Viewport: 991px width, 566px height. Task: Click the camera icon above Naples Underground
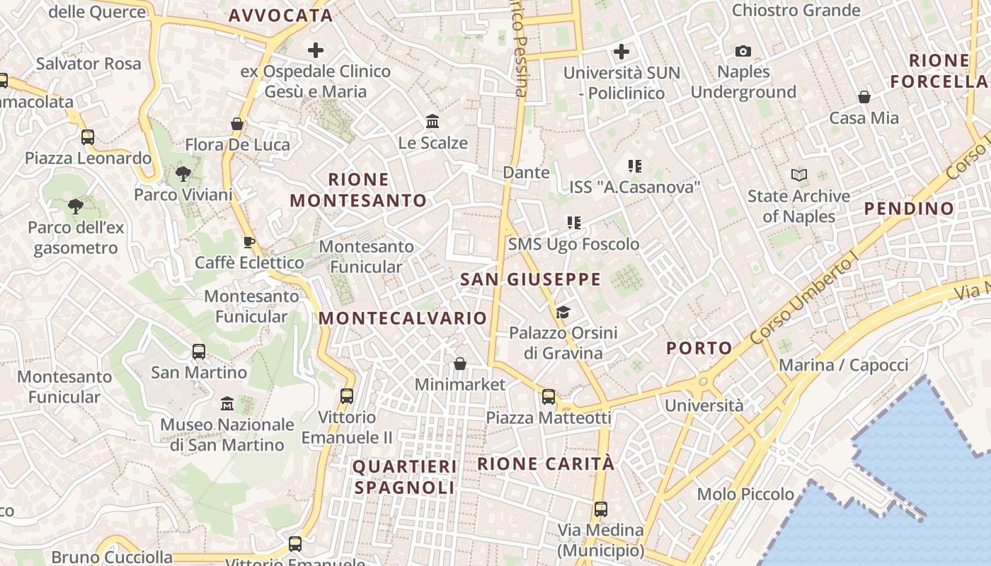click(x=743, y=51)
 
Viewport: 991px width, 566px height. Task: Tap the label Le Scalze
click(x=433, y=143)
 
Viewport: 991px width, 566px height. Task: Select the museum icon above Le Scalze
click(x=433, y=122)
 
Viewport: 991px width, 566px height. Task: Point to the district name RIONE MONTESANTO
click(x=358, y=190)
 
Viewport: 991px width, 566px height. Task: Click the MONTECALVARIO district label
click(x=403, y=318)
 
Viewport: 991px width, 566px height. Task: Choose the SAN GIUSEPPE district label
click(x=530, y=279)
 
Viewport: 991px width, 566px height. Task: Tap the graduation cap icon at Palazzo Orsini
click(x=563, y=312)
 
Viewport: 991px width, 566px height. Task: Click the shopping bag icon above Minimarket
click(x=460, y=364)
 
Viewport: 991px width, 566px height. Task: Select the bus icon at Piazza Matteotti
click(x=549, y=397)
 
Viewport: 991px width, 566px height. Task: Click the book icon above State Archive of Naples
click(x=798, y=175)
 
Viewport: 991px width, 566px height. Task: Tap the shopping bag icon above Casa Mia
click(x=864, y=97)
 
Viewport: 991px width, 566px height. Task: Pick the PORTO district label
click(x=699, y=348)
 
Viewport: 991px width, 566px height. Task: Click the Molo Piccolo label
click(x=745, y=494)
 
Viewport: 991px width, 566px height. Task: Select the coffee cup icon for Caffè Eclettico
click(x=249, y=242)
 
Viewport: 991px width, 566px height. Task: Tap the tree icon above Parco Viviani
click(x=183, y=173)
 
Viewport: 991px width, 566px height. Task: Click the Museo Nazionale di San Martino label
click(x=227, y=434)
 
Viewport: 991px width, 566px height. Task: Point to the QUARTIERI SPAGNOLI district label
click(x=405, y=477)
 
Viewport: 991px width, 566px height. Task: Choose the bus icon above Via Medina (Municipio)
click(x=600, y=509)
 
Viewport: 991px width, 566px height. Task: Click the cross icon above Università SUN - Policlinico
click(x=621, y=52)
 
